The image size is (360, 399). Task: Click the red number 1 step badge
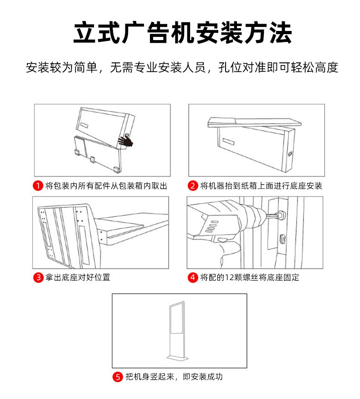(x=38, y=185)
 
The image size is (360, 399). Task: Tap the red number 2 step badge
(x=192, y=185)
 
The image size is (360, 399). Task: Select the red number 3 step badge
(x=38, y=277)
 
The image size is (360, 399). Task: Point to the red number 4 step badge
(x=192, y=277)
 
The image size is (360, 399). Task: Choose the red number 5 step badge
(x=118, y=377)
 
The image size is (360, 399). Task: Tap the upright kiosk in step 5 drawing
(x=178, y=331)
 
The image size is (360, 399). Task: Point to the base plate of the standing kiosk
(x=178, y=358)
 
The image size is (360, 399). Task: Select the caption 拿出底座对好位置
(x=77, y=277)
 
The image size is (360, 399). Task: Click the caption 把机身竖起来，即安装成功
(x=174, y=377)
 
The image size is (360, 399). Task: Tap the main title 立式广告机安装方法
(x=183, y=33)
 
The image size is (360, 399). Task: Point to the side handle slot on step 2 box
(x=290, y=154)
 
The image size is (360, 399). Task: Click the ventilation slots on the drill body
(x=212, y=226)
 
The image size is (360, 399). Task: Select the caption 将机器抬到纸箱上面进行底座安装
(x=261, y=185)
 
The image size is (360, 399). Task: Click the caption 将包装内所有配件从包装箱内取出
(x=106, y=185)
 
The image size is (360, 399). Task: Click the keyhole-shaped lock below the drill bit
(x=282, y=239)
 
